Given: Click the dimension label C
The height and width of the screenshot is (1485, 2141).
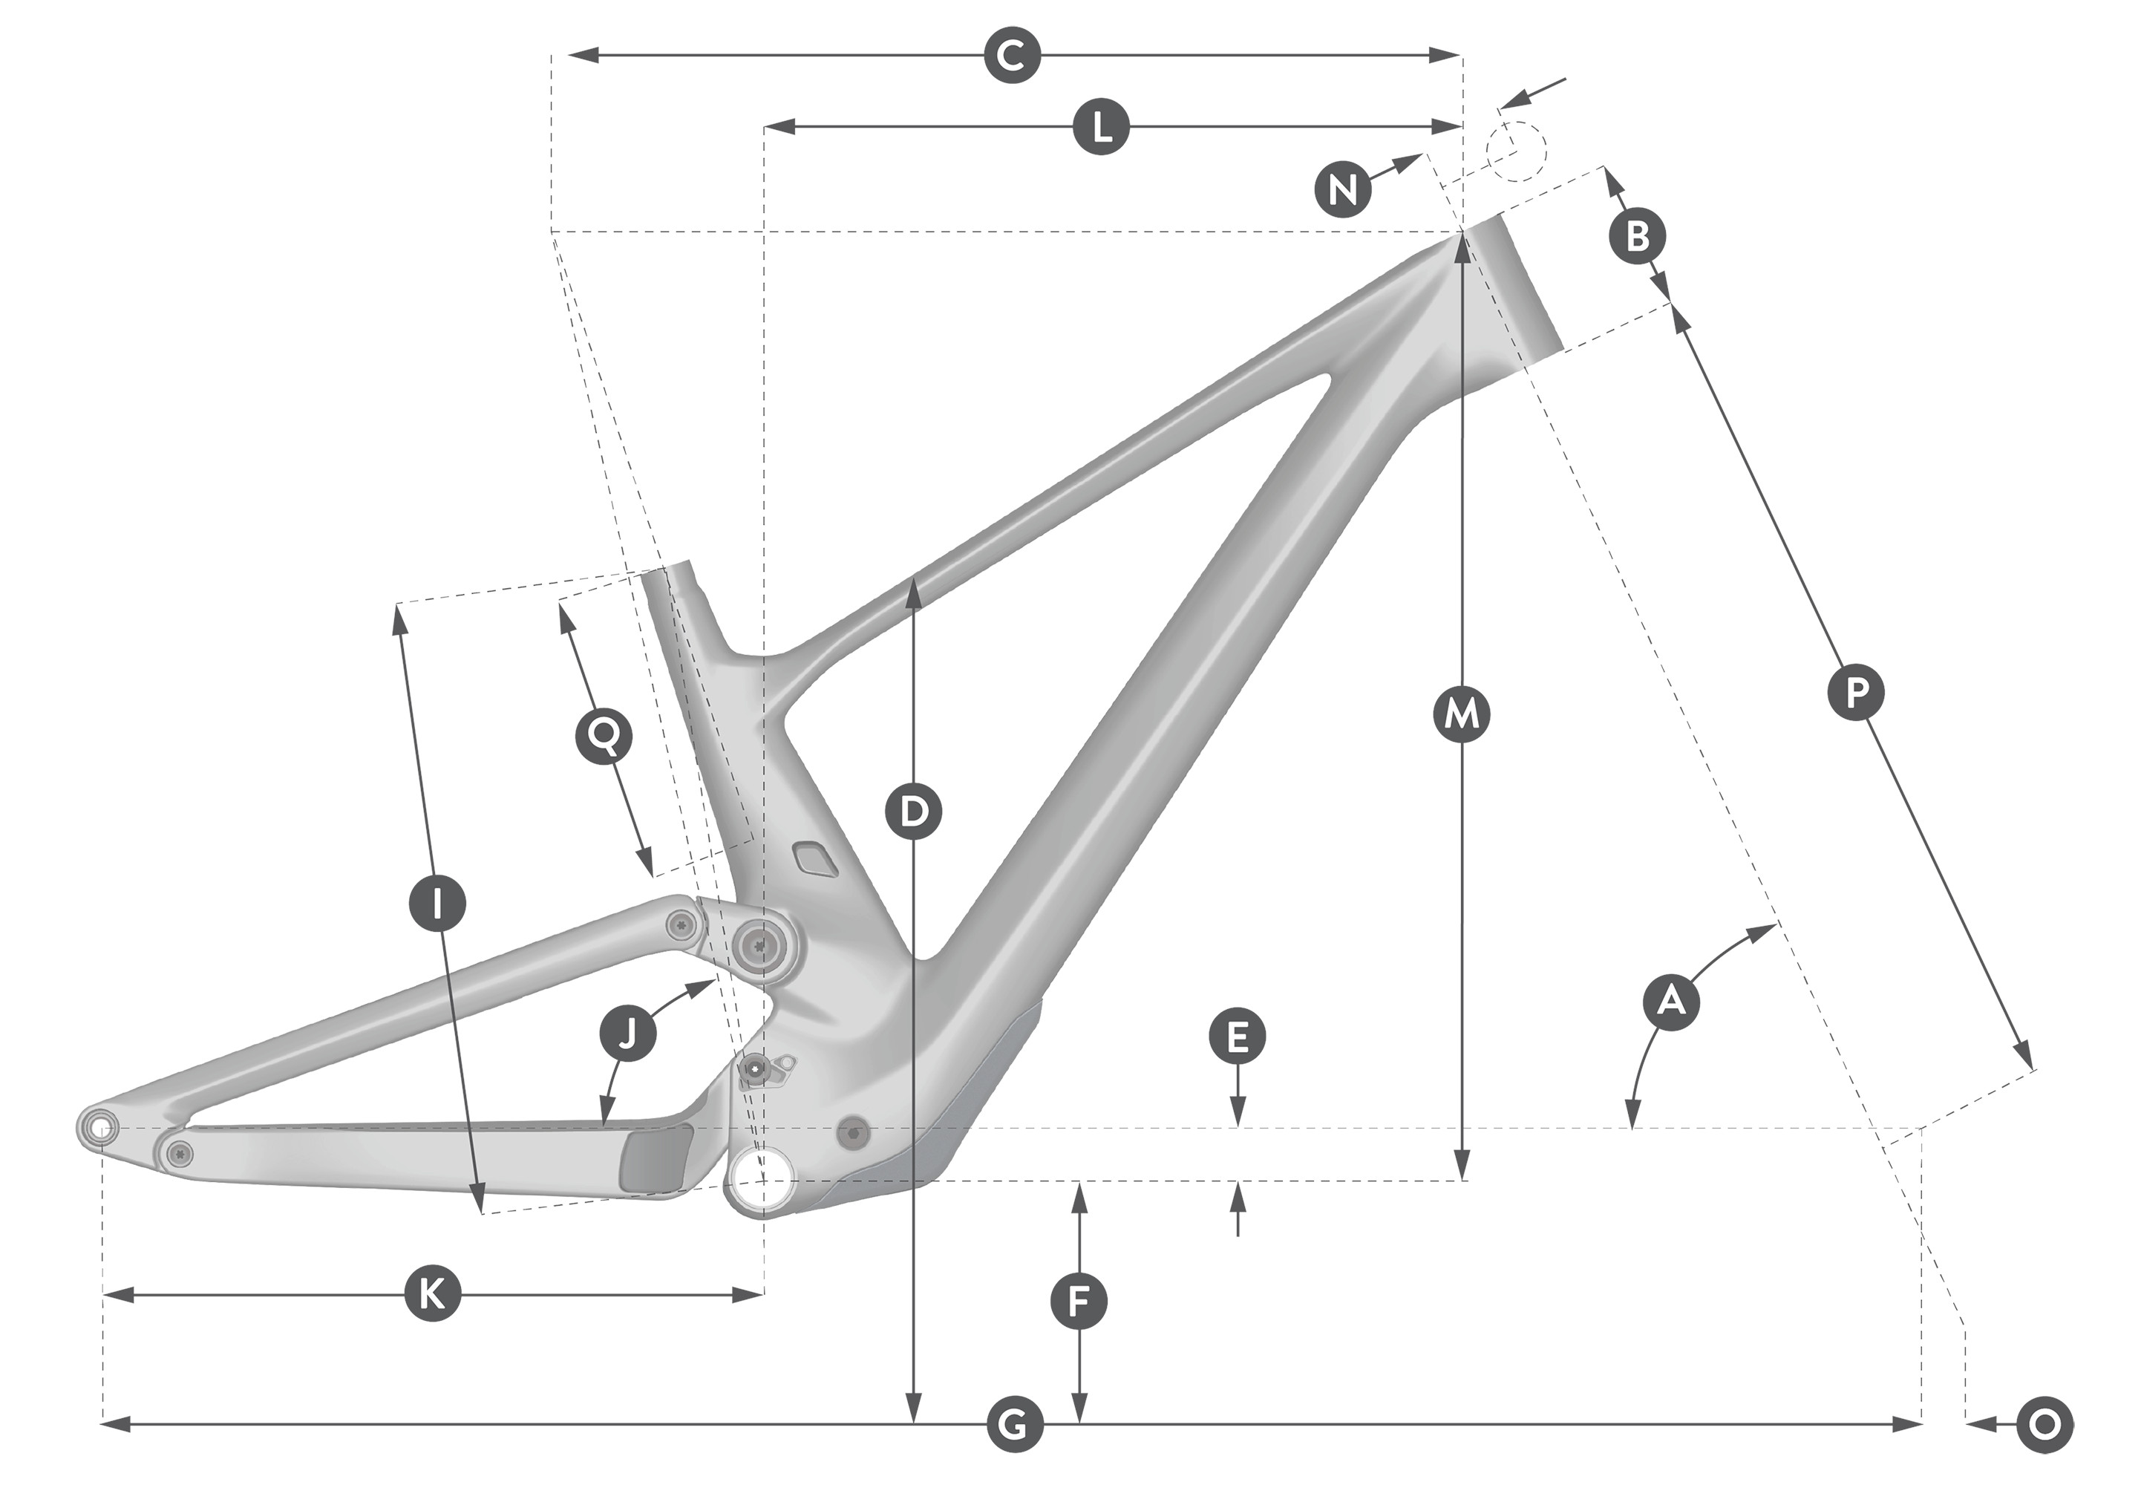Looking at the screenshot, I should pos(1012,56).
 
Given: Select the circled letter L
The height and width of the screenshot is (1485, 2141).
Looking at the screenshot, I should pos(1101,125).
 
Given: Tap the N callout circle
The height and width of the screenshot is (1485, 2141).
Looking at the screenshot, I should pos(1342,190).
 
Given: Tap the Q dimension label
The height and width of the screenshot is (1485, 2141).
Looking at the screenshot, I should pos(604,736).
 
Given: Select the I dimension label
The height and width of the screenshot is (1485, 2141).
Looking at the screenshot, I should pos(438,901).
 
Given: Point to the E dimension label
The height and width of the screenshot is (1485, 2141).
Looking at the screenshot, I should pos(1237,1037).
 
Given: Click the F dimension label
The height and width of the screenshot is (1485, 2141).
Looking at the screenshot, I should pos(1078,1302).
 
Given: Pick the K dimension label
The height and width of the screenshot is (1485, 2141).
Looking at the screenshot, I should pos(433,1293).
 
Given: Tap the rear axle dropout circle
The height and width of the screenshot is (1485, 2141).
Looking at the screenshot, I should pos(99,1128).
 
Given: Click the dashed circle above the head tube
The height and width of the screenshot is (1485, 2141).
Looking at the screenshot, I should pos(1515,151).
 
